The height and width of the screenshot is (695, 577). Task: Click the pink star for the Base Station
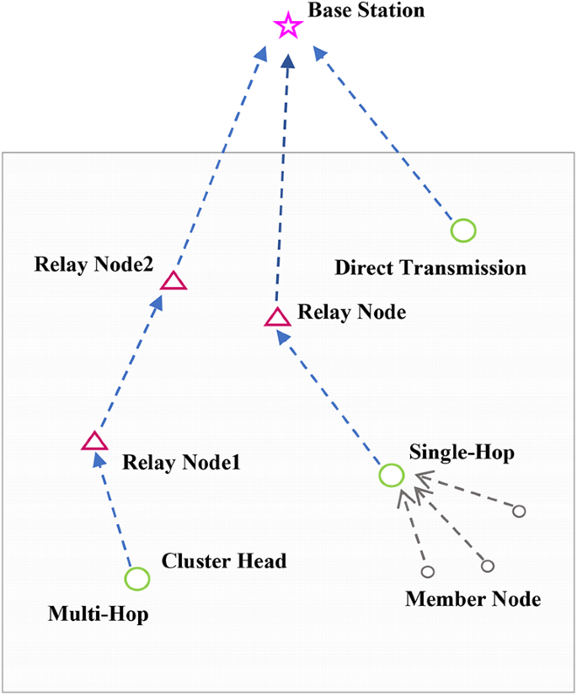288,27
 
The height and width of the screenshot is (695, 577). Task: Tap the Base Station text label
366,11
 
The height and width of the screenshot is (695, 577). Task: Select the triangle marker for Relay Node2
174,281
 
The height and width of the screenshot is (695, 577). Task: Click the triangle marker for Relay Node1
94,442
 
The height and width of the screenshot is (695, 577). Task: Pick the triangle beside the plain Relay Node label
277,317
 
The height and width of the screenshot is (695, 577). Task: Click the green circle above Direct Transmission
462,230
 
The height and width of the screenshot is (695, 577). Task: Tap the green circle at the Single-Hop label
391,475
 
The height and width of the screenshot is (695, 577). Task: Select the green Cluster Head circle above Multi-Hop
137,579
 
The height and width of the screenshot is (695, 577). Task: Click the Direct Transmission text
430,268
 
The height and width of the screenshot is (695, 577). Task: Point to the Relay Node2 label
93,264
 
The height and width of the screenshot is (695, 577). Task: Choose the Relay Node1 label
181,462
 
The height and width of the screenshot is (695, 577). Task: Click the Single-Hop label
462,452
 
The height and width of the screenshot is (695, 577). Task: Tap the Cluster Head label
224,561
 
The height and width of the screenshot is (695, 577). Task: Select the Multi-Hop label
97,614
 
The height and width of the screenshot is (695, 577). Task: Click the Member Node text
473,599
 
